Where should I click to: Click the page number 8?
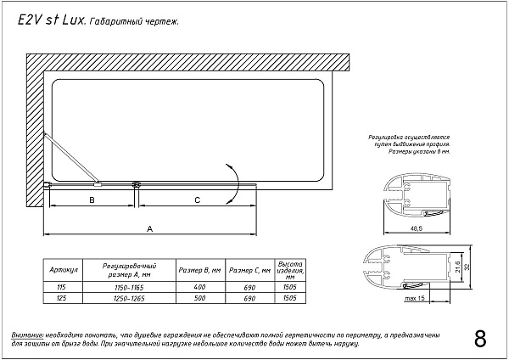(480, 338)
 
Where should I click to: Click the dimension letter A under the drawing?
(150, 228)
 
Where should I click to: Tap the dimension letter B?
(92, 200)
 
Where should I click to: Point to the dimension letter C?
(197, 200)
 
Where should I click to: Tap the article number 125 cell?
(61, 299)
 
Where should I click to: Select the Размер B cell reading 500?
(200, 299)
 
